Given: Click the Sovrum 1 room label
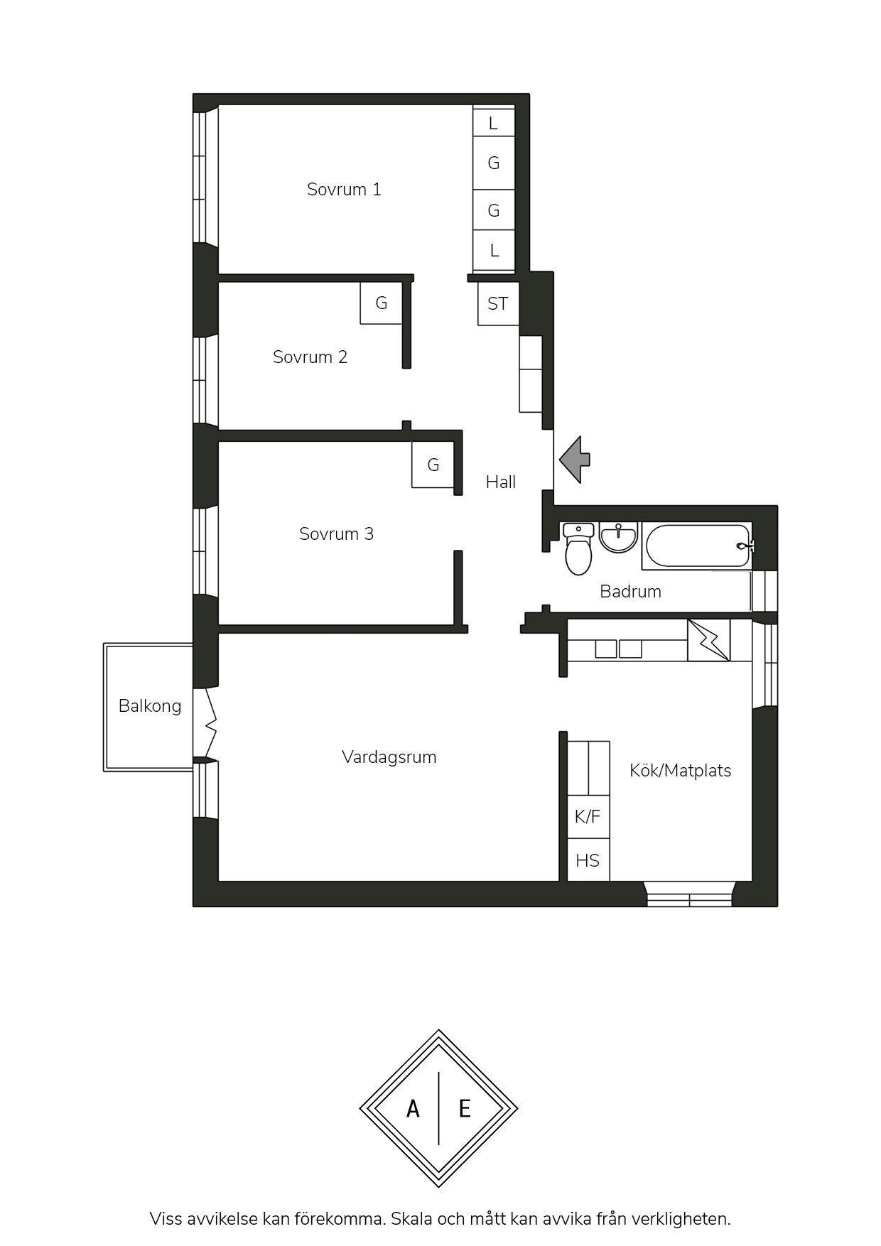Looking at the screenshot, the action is click(344, 190).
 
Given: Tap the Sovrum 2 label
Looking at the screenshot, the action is click(310, 357).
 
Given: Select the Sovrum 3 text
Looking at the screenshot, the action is click(336, 533).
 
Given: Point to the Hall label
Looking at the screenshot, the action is click(501, 482).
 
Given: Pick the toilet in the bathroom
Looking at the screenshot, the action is click(578, 549).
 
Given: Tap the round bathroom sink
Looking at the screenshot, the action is click(618, 536).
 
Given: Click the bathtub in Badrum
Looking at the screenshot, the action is click(698, 546).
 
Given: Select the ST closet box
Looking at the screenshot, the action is click(498, 304).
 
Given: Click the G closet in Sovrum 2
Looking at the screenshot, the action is click(382, 303).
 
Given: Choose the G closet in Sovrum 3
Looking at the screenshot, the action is click(433, 465).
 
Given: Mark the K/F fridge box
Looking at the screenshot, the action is click(588, 817).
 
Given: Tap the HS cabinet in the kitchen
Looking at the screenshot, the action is click(588, 860).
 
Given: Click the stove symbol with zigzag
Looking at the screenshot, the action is click(709, 640).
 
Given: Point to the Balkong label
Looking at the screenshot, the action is click(150, 706).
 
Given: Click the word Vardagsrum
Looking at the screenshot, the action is click(389, 757).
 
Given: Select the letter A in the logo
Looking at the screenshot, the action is click(413, 1108).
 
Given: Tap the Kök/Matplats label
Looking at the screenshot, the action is click(681, 771).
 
